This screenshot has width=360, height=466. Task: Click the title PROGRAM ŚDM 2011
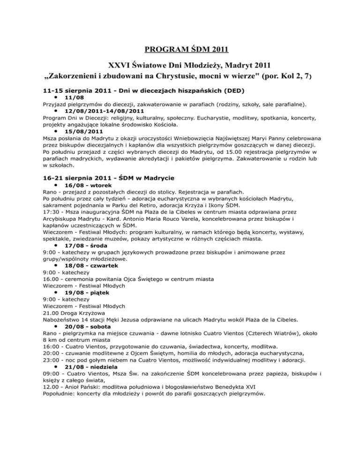coord(180,48)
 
